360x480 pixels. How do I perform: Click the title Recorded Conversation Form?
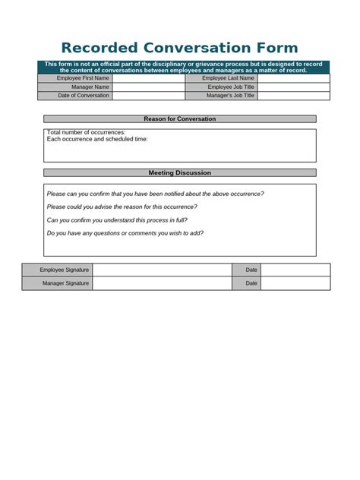coord(179,48)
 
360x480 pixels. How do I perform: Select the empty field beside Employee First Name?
coord(149,78)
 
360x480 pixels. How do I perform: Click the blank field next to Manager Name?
coord(149,87)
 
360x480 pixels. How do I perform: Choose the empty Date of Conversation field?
coord(149,96)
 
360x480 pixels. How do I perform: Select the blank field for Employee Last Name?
coord(294,78)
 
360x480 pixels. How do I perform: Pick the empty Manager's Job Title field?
coord(294,96)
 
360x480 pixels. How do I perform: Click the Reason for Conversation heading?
coord(179,119)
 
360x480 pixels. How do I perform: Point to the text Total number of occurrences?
coord(86,133)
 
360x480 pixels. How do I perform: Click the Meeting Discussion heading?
coord(179,173)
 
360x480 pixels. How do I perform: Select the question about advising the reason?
coord(122,207)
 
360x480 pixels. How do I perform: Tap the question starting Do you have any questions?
coord(125,233)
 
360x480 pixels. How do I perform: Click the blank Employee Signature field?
coord(162,270)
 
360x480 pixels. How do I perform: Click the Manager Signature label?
coord(65,283)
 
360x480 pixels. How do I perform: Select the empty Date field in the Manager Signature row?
coord(295,283)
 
